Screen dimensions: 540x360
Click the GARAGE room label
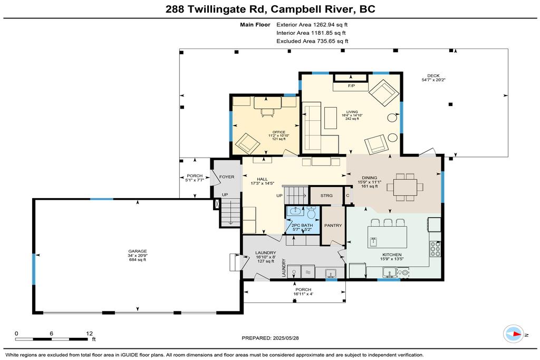pyautogui.click(x=138, y=251)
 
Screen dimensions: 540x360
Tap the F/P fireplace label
pyautogui.click(x=351, y=86)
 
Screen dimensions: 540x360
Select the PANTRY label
pyautogui.click(x=333, y=226)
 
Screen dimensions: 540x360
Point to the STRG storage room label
pyautogui.click(x=326, y=196)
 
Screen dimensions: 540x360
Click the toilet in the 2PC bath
pyautogui.click(x=311, y=213)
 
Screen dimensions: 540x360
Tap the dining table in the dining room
pyautogui.click(x=405, y=187)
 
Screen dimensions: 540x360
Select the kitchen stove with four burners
pyautogui.click(x=435, y=249)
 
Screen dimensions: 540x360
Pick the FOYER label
pyautogui.click(x=227, y=177)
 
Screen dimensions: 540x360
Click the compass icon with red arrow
pyautogui.click(x=514, y=334)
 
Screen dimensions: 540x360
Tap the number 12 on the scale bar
pyautogui.click(x=89, y=334)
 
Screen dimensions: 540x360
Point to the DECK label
pyautogui.click(x=433, y=76)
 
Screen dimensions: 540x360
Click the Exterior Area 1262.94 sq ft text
pyautogui.click(x=312, y=25)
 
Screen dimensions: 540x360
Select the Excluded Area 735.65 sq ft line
pyautogui.click(x=312, y=41)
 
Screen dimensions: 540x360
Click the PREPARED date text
pyautogui.click(x=271, y=338)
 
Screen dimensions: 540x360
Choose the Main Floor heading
pyautogui.click(x=255, y=25)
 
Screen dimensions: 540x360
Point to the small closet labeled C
pyautogui.click(x=348, y=196)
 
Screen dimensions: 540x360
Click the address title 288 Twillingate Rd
pyautogui.click(x=216, y=9)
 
